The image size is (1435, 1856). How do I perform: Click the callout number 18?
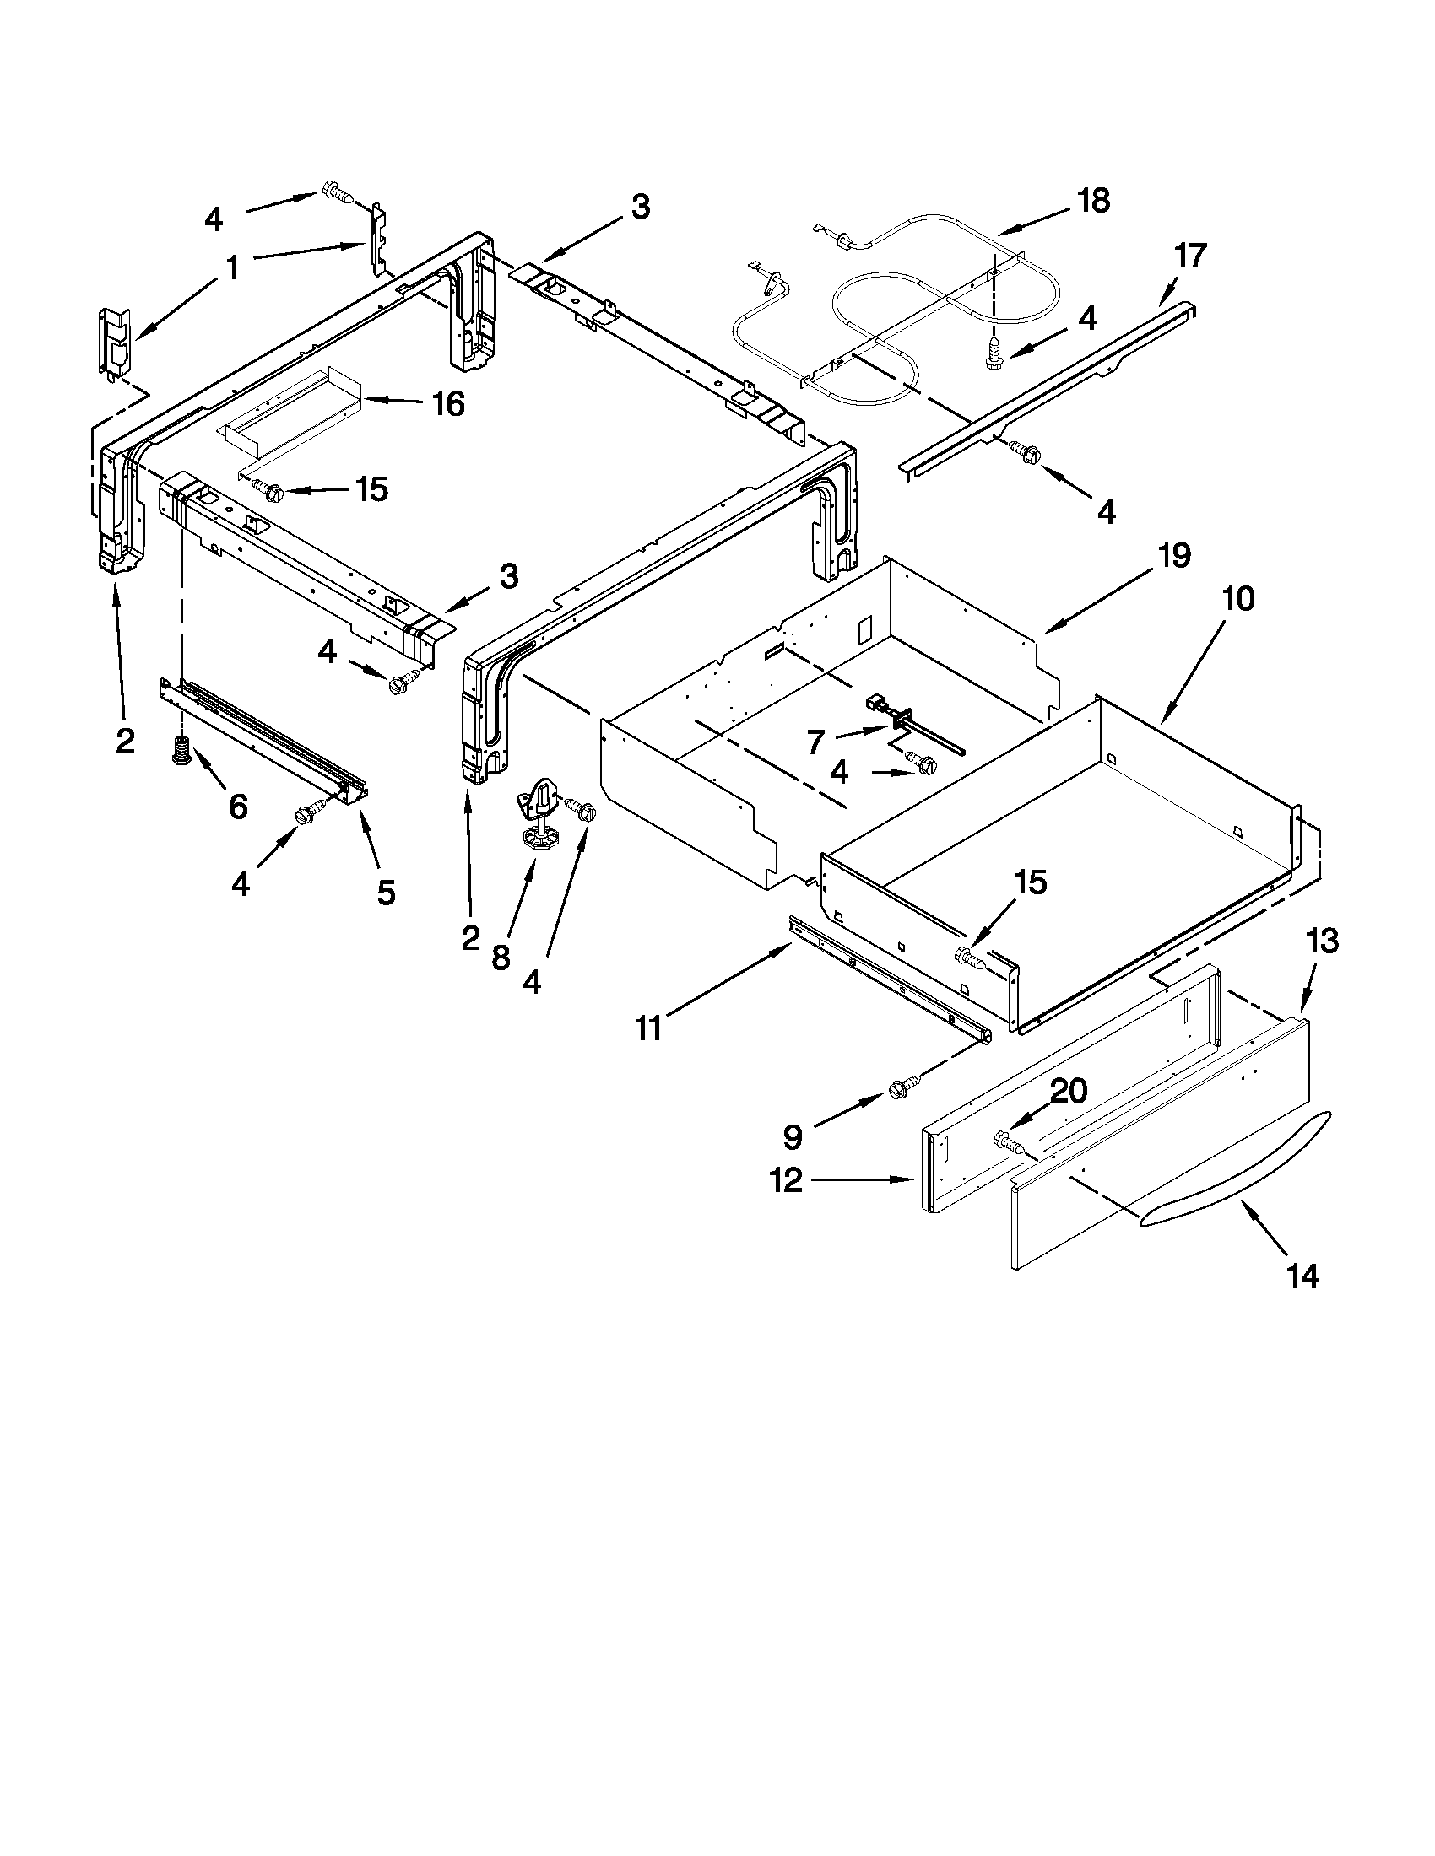coord(1093,202)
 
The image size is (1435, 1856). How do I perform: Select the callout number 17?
coord(1189,255)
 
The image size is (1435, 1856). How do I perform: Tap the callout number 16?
coord(447,403)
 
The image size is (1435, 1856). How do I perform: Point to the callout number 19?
coord(1174,556)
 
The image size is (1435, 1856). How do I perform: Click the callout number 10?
coord(1237,599)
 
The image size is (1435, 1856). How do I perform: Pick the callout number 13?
coord(1323,941)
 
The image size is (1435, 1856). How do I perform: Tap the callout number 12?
coord(788,1180)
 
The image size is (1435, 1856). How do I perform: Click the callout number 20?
coord(1069,1090)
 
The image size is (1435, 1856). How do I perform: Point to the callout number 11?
coord(647,1029)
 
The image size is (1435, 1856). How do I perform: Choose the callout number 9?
coord(793,1135)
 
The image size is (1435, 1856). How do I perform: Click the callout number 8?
coord(500,958)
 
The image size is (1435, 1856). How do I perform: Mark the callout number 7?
coord(815,742)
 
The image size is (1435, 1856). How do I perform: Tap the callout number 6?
coord(238,806)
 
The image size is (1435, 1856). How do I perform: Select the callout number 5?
coord(386,892)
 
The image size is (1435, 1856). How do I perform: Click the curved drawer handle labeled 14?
coord(1234,1167)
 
